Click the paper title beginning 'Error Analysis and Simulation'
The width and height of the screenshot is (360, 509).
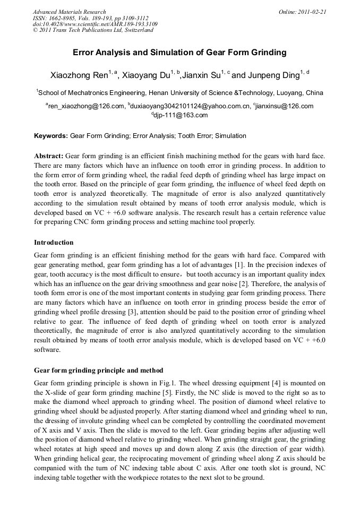pos(179,53)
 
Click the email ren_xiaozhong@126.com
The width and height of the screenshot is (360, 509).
pos(85,106)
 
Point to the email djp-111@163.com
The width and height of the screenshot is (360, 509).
pos(181,115)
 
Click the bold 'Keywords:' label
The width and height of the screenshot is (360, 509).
pos(52,136)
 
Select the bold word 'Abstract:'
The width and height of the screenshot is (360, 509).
pos(49,156)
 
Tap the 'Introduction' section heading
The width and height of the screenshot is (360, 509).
pos(54,243)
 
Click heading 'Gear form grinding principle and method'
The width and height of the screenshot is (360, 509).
pos(98,370)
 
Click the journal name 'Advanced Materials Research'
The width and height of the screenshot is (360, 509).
pos(69,12)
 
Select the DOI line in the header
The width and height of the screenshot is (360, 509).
pos(95,24)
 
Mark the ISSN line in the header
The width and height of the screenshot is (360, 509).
pos(91,18)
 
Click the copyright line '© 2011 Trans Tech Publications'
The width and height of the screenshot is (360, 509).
pos(93,30)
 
